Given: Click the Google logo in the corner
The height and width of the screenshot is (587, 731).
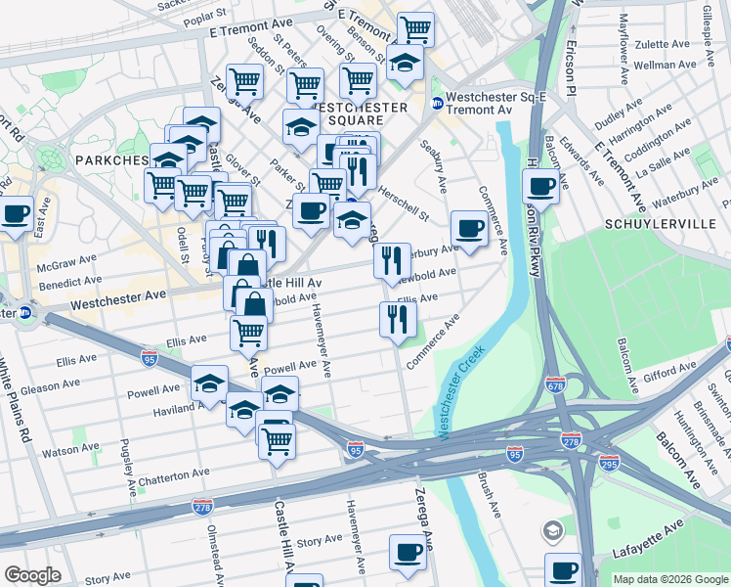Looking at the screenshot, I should pyautogui.click(x=32, y=575).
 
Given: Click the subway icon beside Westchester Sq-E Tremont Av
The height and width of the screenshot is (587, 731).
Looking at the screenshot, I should pyautogui.click(x=436, y=103).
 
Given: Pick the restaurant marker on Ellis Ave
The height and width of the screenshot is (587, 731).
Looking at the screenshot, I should pyautogui.click(x=398, y=318).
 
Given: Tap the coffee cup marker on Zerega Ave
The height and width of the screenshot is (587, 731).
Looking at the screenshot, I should pyautogui.click(x=408, y=552).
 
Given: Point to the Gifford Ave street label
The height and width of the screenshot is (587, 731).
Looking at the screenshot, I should pyautogui.click(x=668, y=373).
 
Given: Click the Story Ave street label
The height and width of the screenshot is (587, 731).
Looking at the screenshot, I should pyautogui.click(x=320, y=541).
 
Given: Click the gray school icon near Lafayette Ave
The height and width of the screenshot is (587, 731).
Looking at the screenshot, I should pyautogui.click(x=553, y=531).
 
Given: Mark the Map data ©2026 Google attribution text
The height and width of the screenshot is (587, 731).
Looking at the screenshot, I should pyautogui.click(x=669, y=579).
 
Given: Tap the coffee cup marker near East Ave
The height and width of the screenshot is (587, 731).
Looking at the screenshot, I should pyautogui.click(x=16, y=213).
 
